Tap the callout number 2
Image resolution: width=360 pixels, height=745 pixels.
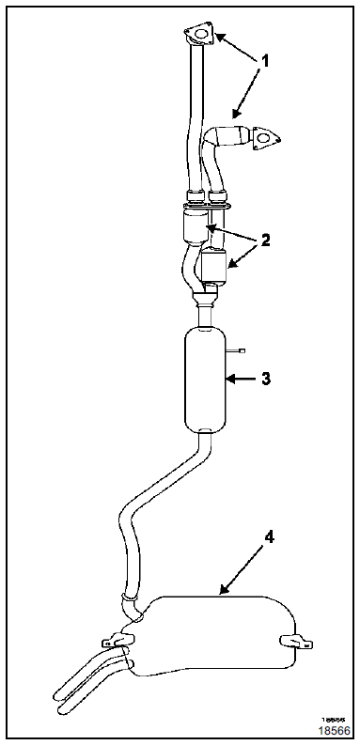tap(266, 240)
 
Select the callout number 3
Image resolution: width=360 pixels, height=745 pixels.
tap(266, 379)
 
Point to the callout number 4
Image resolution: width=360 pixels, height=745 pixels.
tap(270, 538)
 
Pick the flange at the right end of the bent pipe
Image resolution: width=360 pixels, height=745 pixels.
tap(266, 141)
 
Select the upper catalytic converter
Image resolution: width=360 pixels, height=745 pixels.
tap(195, 228)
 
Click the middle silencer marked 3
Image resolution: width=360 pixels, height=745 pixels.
tap(206, 379)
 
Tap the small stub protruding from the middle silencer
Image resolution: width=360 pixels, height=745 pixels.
tap(237, 351)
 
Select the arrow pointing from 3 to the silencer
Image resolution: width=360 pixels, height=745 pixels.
tap(243, 380)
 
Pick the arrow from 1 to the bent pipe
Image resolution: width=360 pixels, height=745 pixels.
tap(243, 99)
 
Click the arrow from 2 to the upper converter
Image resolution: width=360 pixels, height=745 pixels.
tap(230, 231)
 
